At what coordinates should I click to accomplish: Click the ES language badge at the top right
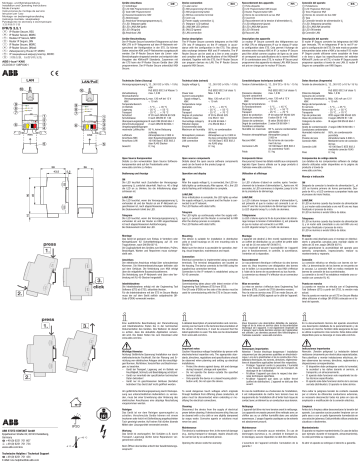[350, 4]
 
